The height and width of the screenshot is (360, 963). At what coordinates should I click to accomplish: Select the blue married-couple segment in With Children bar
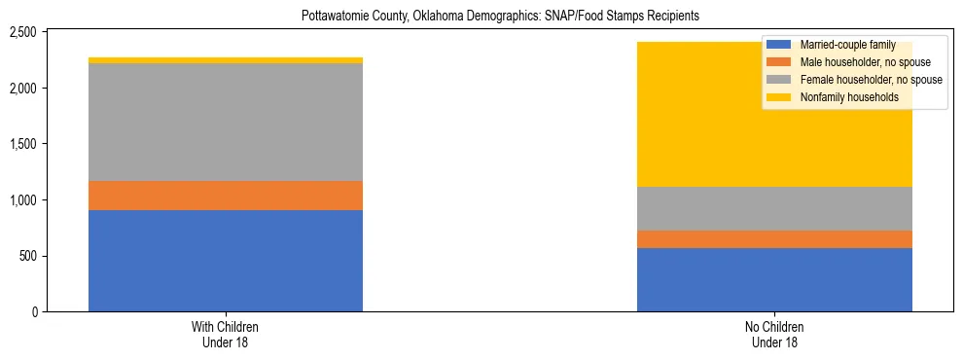(226, 261)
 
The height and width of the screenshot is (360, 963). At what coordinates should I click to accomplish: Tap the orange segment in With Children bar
(226, 196)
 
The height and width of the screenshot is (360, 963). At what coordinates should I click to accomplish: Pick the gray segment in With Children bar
(226, 123)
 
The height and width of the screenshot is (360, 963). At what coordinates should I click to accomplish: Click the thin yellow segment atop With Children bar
(226, 60)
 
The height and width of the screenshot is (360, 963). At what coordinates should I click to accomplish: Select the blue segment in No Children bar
(774, 279)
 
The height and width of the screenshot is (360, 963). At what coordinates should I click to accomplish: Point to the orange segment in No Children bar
(774, 239)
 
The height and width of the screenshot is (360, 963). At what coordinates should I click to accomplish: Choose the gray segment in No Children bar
(774, 208)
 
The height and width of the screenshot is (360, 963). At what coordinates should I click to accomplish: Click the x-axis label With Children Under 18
(226, 335)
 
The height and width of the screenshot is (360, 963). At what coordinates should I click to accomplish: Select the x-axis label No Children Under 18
(774, 335)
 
